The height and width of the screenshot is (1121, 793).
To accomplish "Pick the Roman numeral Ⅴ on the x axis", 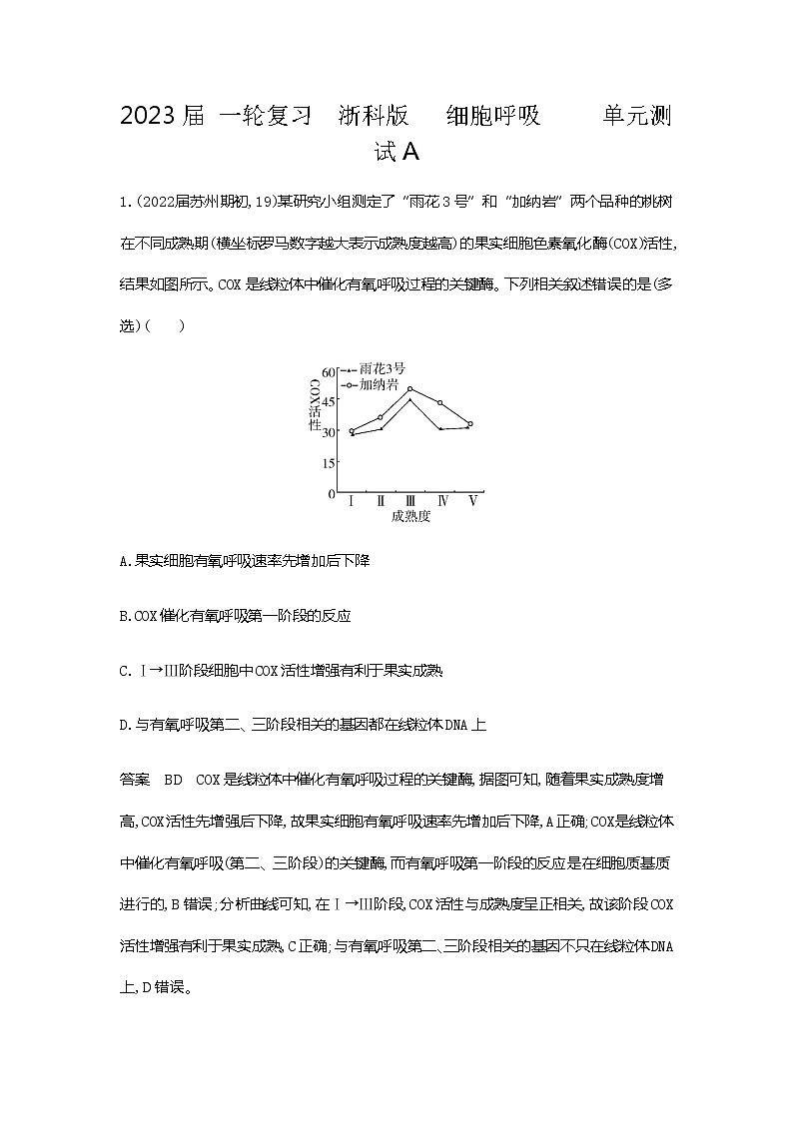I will pyautogui.click(x=472, y=501).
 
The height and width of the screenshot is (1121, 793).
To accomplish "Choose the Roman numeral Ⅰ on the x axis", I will pyautogui.click(x=352, y=501).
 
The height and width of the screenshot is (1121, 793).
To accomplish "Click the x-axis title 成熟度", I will pyautogui.click(x=410, y=516).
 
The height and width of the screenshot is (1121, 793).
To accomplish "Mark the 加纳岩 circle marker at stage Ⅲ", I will pyautogui.click(x=410, y=389).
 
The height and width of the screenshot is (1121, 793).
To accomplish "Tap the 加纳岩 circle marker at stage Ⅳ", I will pyautogui.click(x=440, y=403).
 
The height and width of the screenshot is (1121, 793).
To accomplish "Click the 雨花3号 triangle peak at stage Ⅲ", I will pyautogui.click(x=410, y=400).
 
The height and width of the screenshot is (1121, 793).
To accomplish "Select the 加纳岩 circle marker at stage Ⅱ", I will pyautogui.click(x=381, y=417).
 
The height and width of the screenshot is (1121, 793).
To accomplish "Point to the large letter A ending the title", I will pyautogui.click(x=409, y=153).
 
